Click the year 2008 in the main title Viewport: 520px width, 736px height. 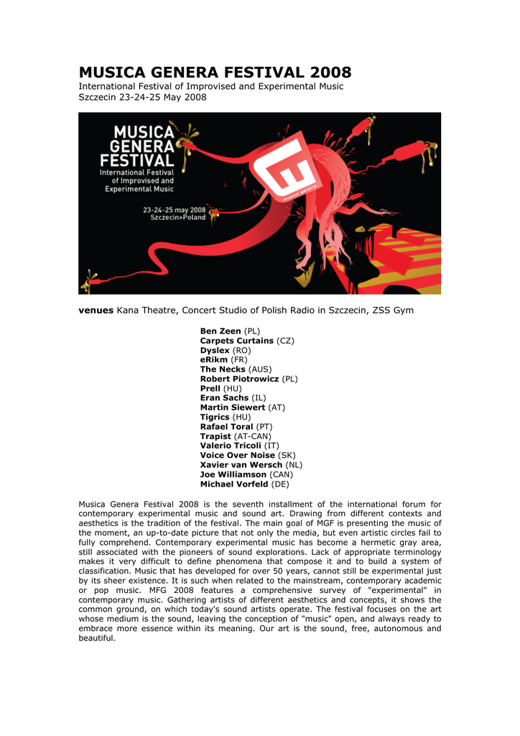(x=331, y=73)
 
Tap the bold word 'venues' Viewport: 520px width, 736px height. (x=96, y=310)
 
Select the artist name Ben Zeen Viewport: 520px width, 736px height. (x=220, y=331)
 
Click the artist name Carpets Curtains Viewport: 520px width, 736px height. (x=236, y=340)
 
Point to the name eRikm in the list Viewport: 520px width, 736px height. (x=213, y=359)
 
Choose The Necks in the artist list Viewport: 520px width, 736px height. (x=223, y=369)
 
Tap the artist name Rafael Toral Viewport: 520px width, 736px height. (x=226, y=426)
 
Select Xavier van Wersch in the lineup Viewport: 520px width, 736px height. (x=241, y=465)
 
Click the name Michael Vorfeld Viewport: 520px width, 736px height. (x=234, y=484)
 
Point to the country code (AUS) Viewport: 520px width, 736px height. (x=260, y=369)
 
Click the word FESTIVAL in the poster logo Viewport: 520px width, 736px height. (x=137, y=160)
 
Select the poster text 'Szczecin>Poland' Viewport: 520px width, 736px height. (x=177, y=218)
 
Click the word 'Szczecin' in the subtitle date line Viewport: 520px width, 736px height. (x=98, y=97)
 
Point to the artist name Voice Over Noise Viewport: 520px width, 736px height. (x=237, y=455)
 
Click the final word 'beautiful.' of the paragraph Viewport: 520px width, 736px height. (x=96, y=638)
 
